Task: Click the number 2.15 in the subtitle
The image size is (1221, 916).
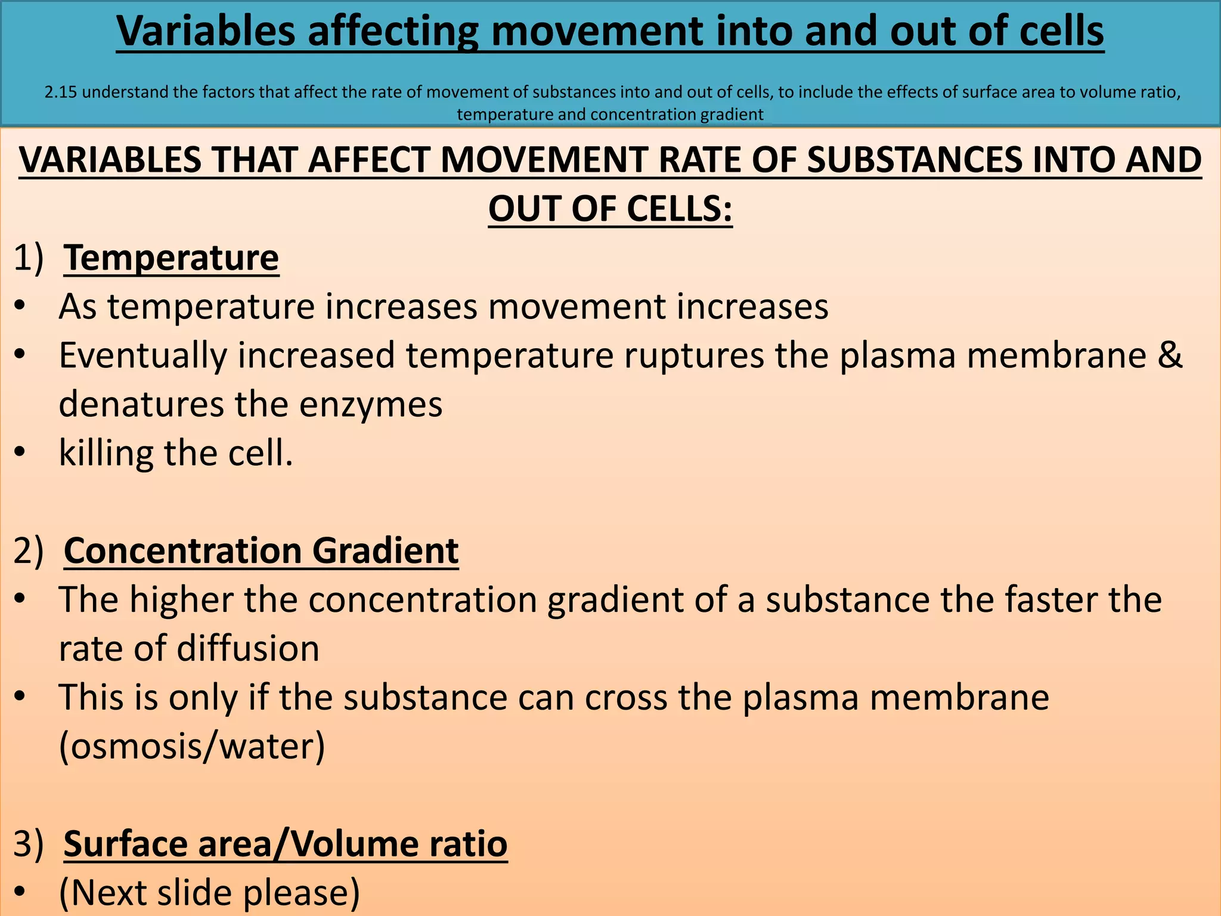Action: tap(61, 92)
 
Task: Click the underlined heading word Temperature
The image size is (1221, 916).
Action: tap(171, 258)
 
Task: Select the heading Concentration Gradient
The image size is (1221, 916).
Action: tap(261, 550)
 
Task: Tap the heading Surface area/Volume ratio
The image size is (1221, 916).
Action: tap(285, 844)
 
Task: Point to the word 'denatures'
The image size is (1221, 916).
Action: tap(141, 404)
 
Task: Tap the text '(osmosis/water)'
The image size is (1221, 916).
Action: tap(192, 746)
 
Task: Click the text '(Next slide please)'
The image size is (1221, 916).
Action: tap(209, 893)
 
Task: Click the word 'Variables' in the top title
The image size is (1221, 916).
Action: tap(206, 31)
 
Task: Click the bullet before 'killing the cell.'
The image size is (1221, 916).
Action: tap(20, 453)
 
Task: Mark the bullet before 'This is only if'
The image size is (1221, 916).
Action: tap(20, 697)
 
